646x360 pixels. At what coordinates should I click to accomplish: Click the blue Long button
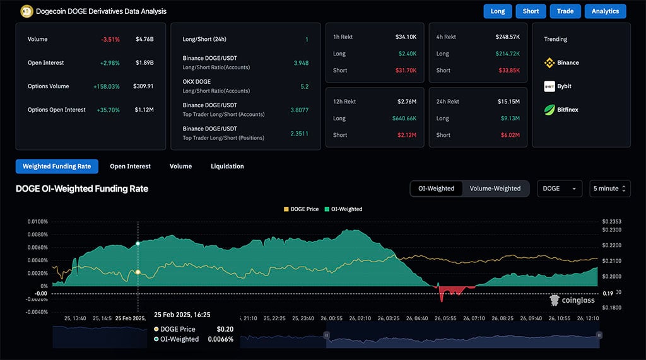(498, 11)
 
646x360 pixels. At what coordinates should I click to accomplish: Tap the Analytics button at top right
(605, 11)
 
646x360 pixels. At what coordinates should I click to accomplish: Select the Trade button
(565, 11)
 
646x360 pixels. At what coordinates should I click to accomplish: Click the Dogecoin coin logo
(26, 11)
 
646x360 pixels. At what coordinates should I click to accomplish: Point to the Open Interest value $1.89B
(144, 63)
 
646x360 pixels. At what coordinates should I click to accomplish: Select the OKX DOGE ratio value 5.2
(304, 86)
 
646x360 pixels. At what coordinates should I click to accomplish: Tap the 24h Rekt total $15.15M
(508, 102)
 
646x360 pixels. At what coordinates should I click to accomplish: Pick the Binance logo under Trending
(549, 63)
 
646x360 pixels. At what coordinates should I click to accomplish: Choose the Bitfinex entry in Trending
(561, 110)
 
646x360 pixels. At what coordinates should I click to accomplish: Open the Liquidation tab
(226, 166)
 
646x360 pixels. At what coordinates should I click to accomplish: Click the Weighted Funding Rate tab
(57, 166)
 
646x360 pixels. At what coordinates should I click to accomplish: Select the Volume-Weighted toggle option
(495, 189)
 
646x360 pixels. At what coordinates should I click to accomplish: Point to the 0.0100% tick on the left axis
(38, 222)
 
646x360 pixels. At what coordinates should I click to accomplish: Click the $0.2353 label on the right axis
(611, 222)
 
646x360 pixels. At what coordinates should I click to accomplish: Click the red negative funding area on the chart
(450, 291)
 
